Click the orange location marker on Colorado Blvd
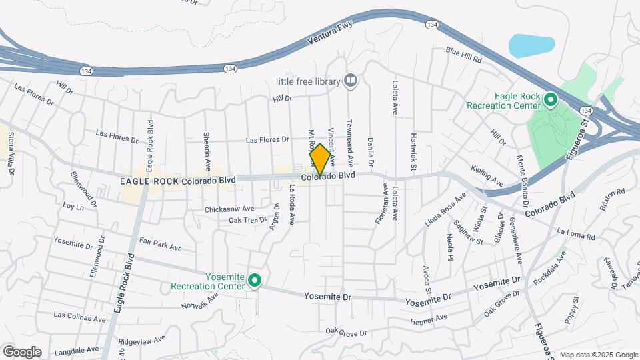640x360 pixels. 320,159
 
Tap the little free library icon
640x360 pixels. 351,81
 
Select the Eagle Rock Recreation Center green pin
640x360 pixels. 551,100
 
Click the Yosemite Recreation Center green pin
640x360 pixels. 254,281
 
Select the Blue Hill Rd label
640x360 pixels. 463,54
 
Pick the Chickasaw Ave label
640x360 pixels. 229,209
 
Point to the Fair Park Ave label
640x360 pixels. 160,243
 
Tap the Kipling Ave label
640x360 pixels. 487,175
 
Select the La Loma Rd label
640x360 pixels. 575,233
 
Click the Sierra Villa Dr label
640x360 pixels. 11,153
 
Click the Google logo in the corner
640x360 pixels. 21,351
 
